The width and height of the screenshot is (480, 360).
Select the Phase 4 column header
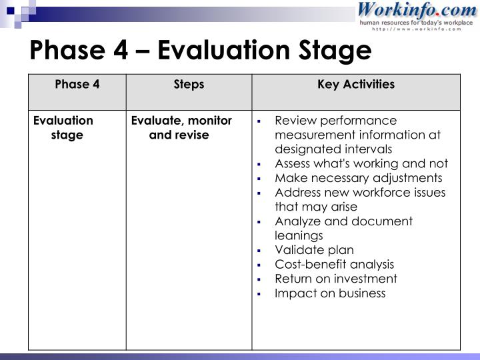77,85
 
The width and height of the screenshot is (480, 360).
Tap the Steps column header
189,85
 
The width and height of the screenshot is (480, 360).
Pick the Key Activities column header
356,85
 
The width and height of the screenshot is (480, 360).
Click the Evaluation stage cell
64,127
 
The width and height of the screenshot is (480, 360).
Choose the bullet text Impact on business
330,293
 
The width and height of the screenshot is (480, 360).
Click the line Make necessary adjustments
358,178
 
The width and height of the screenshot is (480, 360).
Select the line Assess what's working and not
361,163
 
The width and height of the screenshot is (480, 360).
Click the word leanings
299,235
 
